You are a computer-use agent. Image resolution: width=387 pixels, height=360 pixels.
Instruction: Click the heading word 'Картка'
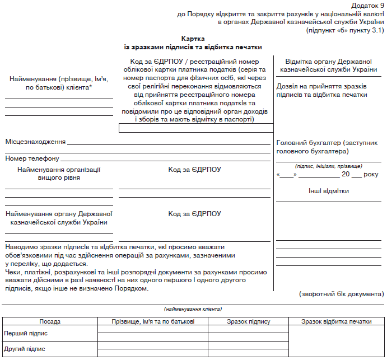(x=193, y=39)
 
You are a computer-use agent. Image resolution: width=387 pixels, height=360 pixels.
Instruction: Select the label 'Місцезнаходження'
(x=36, y=142)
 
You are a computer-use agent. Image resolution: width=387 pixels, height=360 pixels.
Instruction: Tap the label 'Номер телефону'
(x=32, y=159)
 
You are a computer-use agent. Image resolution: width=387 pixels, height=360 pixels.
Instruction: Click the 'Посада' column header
(x=50, y=322)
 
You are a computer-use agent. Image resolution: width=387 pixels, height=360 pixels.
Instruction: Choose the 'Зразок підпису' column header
(x=248, y=322)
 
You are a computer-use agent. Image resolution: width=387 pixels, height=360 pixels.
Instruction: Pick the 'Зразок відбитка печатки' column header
(x=336, y=322)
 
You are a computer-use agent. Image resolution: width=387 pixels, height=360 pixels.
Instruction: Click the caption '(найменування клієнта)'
(x=193, y=309)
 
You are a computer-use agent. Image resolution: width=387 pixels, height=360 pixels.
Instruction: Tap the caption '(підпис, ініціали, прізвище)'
(x=328, y=166)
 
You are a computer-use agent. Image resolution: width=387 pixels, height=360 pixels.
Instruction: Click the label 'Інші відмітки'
(x=329, y=191)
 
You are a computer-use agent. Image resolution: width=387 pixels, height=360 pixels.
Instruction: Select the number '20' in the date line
(x=346, y=175)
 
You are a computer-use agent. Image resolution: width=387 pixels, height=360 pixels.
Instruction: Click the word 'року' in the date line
(x=371, y=175)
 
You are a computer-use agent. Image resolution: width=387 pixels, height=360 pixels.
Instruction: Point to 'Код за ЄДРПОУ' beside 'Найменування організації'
(x=194, y=169)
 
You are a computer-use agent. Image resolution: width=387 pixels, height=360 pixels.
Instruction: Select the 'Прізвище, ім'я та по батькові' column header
(x=153, y=322)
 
